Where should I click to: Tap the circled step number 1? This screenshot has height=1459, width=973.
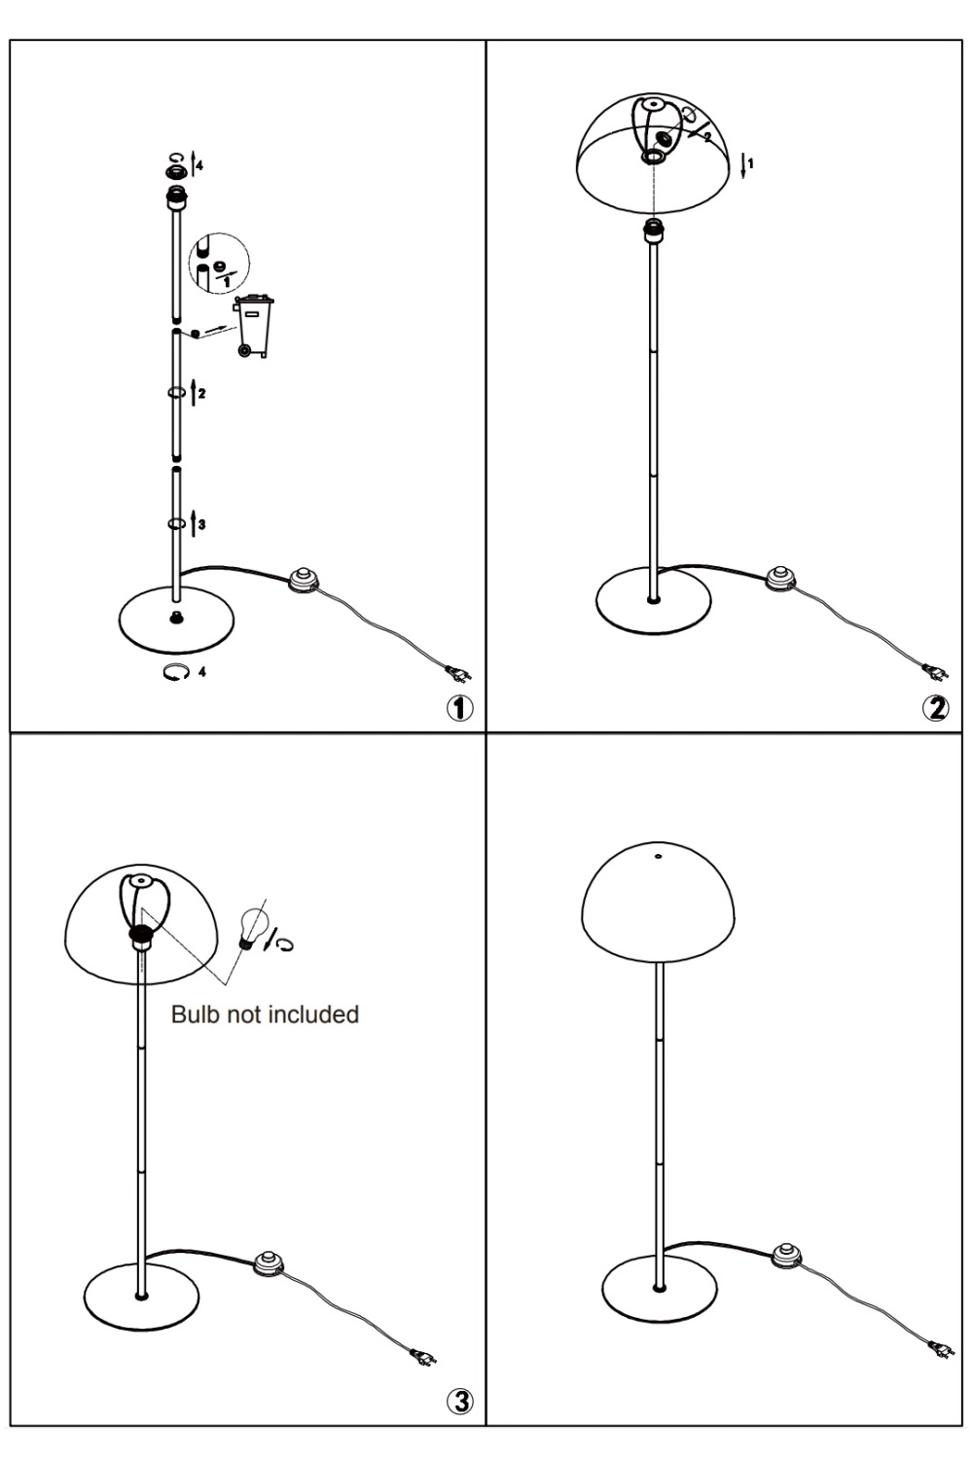tap(460, 707)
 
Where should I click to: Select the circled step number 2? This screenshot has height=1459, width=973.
tap(936, 707)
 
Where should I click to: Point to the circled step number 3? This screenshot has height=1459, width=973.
tap(460, 1401)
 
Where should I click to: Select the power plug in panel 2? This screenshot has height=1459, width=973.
tap(936, 671)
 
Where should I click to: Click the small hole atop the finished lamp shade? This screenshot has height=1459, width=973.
tap(658, 857)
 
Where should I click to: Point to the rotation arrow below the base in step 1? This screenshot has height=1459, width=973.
tap(175, 671)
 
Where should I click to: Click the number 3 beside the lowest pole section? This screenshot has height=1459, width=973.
tap(202, 524)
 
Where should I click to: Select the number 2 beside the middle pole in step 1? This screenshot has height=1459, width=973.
tap(202, 393)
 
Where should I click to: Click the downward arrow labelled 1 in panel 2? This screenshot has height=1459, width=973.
tap(743, 167)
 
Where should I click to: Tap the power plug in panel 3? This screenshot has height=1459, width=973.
tap(423, 1357)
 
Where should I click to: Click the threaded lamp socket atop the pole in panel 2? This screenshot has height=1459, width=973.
tap(653, 231)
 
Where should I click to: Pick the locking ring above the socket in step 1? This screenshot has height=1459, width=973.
tap(176, 172)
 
